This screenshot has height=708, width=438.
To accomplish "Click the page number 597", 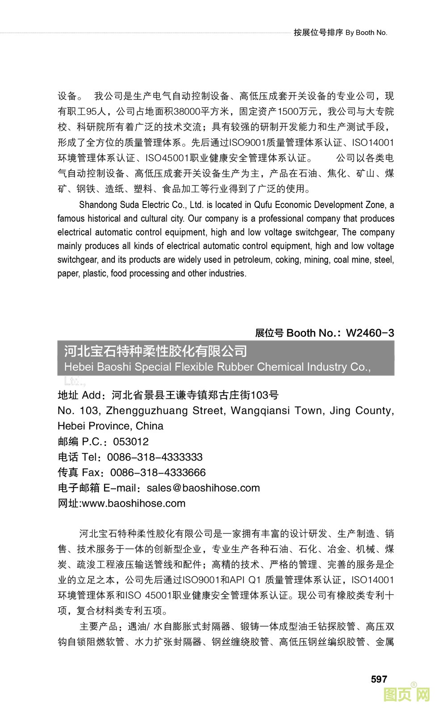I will click(379, 679).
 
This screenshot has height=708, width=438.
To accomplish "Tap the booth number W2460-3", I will click(370, 333).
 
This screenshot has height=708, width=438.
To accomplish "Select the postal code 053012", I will click(131, 442).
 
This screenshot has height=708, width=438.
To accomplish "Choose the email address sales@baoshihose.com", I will click(203, 488).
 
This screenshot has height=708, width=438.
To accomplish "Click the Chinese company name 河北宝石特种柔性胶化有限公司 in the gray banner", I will click(156, 351).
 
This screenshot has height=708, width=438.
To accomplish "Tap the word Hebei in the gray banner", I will click(79, 367).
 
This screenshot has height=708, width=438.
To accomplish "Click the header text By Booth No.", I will click(366, 33).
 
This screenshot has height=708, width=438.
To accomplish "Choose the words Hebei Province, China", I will click(110, 426).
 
